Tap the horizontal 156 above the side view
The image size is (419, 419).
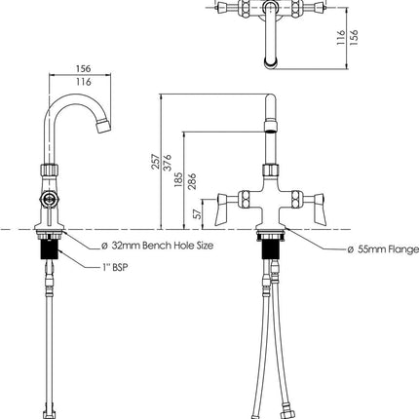84,69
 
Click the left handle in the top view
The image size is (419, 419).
231,12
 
